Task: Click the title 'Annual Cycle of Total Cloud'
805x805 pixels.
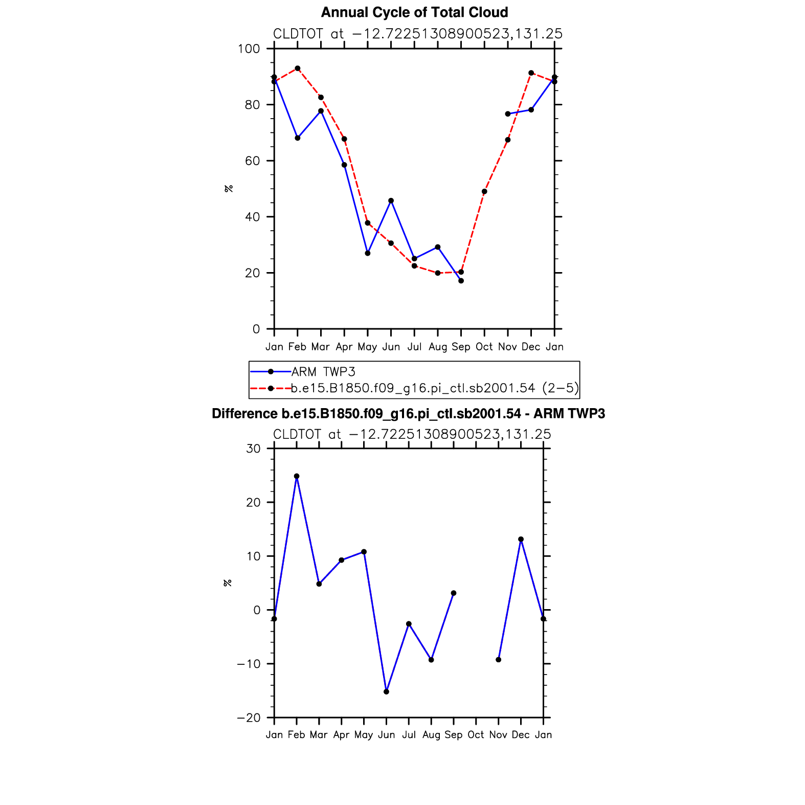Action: [414, 12]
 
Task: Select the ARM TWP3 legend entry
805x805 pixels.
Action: [323, 372]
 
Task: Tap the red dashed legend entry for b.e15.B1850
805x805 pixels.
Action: [435, 388]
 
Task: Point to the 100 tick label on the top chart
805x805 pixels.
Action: [249, 49]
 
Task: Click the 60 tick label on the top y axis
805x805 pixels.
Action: [252, 161]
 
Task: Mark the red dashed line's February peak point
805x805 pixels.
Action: [298, 69]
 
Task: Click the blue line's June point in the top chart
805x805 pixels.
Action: [391, 200]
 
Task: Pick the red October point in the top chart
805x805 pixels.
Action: [484, 192]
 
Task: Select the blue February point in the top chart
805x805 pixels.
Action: [298, 138]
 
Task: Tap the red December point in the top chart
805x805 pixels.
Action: [531, 73]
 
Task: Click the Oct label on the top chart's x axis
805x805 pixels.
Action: [484, 347]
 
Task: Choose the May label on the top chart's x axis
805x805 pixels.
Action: [367, 347]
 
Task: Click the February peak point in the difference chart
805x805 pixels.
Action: [297, 476]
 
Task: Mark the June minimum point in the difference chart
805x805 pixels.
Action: [386, 692]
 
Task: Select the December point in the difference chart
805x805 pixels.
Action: [521, 540]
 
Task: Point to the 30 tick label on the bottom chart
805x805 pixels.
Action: [253, 449]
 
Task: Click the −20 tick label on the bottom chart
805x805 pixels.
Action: [249, 718]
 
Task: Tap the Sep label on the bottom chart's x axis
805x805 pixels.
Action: [453, 735]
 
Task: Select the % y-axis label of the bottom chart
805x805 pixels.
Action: [228, 583]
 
